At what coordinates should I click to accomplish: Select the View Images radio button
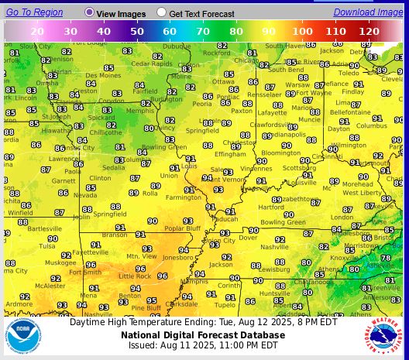click(90, 12)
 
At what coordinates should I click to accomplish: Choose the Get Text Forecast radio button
click(161, 12)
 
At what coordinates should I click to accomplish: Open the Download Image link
click(368, 12)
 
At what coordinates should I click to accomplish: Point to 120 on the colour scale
click(369, 30)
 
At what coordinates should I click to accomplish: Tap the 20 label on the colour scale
click(37, 30)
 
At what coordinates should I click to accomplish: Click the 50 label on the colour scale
click(137, 30)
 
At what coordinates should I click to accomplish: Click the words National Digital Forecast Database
click(202, 334)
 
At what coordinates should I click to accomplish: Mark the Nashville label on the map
click(273, 247)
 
